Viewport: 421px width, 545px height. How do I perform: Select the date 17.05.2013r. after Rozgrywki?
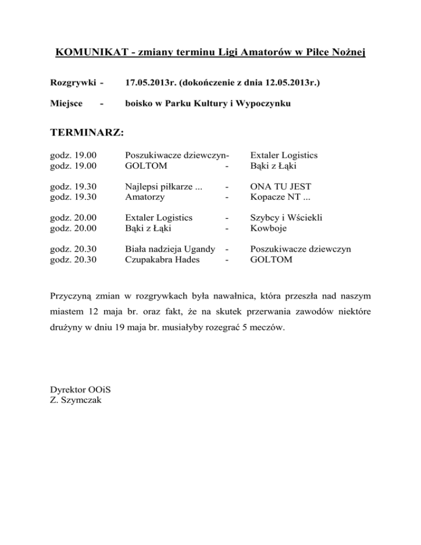[x=152, y=83]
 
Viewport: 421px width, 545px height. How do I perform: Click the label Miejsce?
[x=67, y=103]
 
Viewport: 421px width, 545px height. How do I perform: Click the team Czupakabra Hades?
[x=162, y=260]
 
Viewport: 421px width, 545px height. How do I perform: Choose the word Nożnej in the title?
[x=350, y=53]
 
